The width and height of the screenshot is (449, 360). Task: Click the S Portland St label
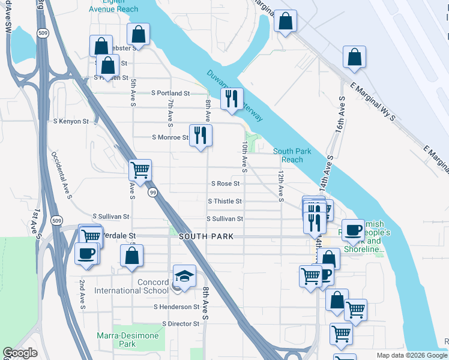tap(170, 94)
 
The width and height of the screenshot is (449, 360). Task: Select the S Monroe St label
tap(170, 137)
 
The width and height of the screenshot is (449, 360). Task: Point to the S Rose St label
tap(225, 184)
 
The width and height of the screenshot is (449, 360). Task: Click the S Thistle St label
tap(224, 202)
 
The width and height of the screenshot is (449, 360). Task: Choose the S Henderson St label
tap(176, 307)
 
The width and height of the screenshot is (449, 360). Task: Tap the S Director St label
tap(181, 323)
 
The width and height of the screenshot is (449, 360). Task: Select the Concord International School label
tap(131, 286)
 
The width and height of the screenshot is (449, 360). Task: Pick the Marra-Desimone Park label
tap(127, 340)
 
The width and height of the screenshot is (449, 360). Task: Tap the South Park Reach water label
tap(292, 155)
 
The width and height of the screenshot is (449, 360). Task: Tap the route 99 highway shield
tap(152, 192)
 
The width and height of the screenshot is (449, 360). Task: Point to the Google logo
tap(20, 353)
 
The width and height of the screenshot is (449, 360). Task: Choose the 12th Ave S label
tap(280, 185)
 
